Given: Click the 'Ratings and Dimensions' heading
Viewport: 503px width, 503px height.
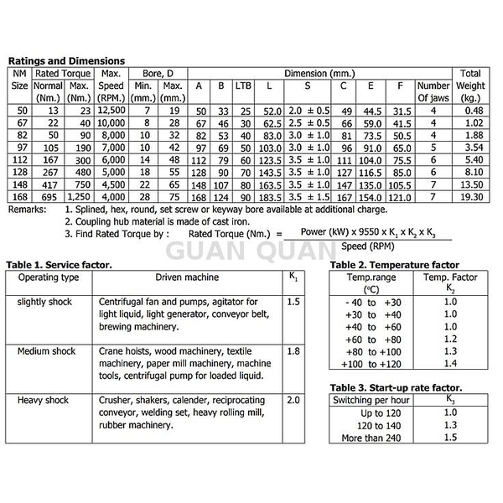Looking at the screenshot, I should [66, 60].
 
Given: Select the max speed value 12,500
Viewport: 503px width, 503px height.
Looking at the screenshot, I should [111, 111].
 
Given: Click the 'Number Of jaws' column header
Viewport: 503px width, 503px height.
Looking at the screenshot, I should [433, 91].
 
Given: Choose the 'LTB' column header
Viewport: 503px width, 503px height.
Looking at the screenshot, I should [243, 86].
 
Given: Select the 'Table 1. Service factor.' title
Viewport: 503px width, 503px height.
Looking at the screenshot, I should [60, 265].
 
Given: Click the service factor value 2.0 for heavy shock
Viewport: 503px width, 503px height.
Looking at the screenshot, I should [293, 401].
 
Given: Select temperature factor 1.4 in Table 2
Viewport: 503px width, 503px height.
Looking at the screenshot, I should [450, 365].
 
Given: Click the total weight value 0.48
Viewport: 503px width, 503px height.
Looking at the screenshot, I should [474, 111].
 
